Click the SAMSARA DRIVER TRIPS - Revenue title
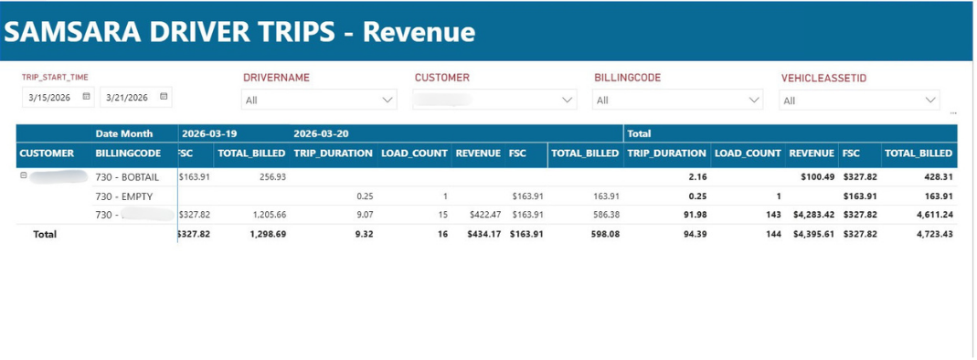click(239, 31)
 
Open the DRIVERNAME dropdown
click(318, 100)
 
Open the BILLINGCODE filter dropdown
click(677, 100)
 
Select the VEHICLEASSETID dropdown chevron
click(930, 100)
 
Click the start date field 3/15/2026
click(50, 97)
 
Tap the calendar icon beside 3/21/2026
click(164, 96)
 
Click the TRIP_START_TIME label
click(55, 78)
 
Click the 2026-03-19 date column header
click(209, 133)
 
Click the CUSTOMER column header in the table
click(47, 154)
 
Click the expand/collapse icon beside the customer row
click(24, 175)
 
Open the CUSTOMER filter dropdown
click(494, 100)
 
